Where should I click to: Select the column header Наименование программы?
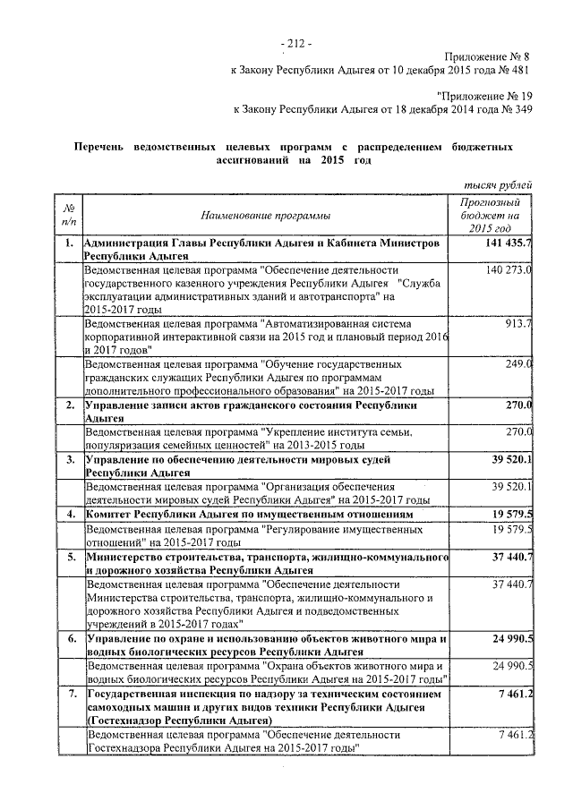(265, 216)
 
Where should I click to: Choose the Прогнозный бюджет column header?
(496, 216)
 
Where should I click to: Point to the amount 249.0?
(518, 363)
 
